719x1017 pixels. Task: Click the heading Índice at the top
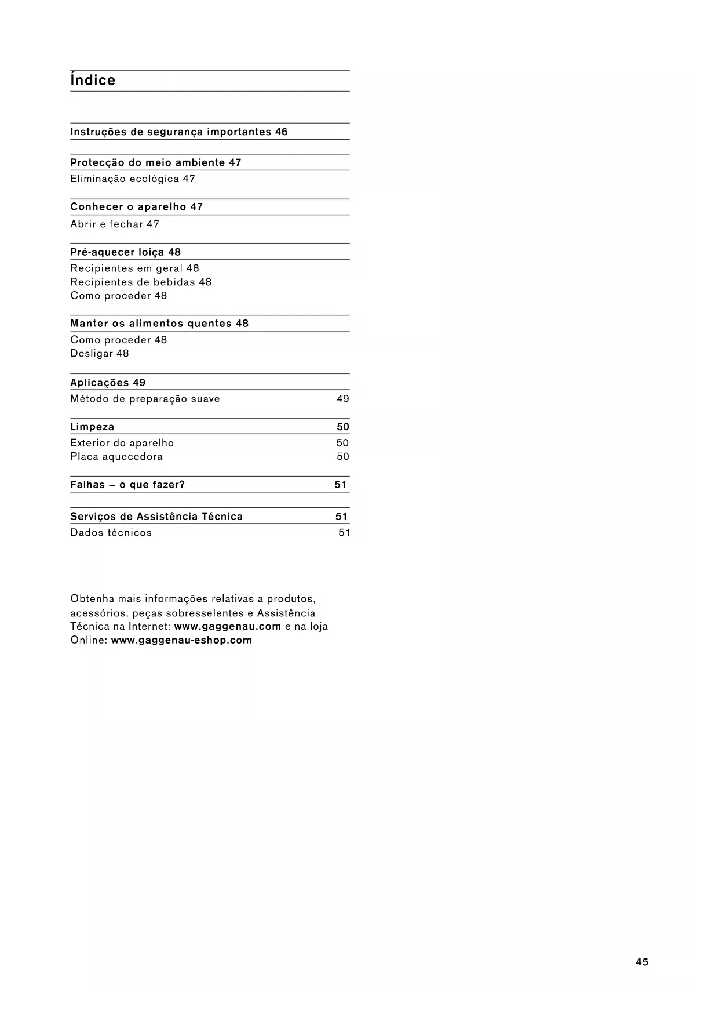[x=93, y=80]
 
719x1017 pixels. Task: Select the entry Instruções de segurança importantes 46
[x=178, y=132]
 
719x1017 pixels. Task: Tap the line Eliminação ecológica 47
[x=133, y=179]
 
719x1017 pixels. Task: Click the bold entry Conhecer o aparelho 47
[x=136, y=207]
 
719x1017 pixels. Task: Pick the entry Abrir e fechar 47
[x=115, y=224]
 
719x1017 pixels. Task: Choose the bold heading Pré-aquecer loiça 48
[x=125, y=252]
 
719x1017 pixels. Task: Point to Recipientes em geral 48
[x=134, y=268]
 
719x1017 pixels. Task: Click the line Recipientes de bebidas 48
[x=141, y=282]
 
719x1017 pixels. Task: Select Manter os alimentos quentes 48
[x=159, y=324]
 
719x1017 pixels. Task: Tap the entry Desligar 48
[x=100, y=354]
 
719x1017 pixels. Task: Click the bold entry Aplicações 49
[x=108, y=383]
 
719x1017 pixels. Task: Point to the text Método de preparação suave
[x=145, y=399]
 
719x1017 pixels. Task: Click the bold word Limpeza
[x=92, y=427]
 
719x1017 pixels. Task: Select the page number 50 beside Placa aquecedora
[x=343, y=457]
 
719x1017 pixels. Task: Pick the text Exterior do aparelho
[x=122, y=443]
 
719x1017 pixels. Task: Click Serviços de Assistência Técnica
[x=156, y=517]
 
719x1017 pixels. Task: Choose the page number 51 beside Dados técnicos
[x=344, y=533]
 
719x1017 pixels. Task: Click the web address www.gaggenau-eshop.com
[x=181, y=640]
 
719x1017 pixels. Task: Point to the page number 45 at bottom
[x=642, y=962]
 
